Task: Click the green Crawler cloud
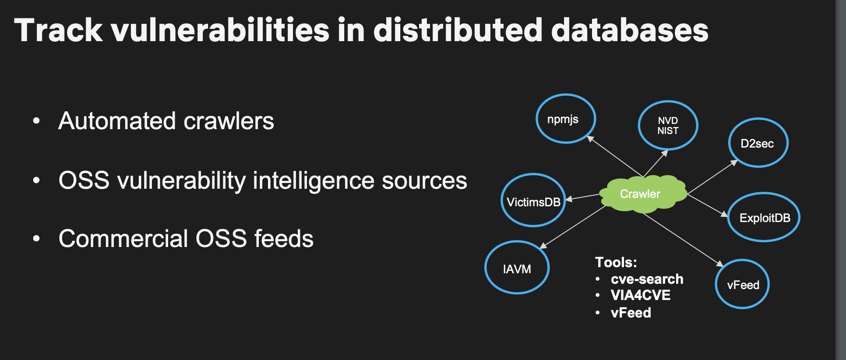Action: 641,194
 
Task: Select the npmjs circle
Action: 565,119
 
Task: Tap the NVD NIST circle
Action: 668,126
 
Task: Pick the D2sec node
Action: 758,143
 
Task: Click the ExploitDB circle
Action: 764,218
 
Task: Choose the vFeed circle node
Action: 742,285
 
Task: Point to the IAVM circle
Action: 517,268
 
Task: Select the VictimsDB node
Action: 533,201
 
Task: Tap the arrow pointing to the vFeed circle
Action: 683,239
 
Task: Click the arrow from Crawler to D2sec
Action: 712,177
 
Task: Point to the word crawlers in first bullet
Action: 228,121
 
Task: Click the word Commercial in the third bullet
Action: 123,239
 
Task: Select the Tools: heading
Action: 615,262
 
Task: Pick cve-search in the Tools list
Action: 646,279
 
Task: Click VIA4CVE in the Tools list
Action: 640,295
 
